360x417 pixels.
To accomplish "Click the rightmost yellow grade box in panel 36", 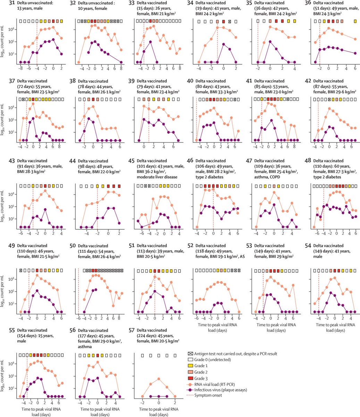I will [355, 21].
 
